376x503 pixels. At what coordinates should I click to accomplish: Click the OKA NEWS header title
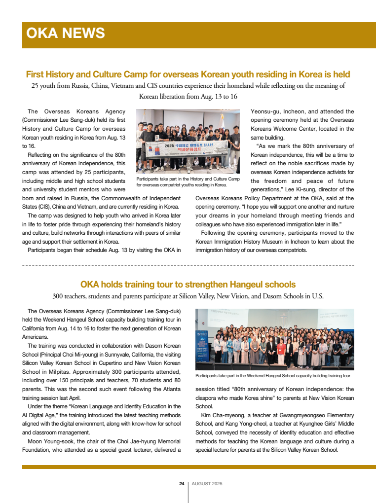(65, 33)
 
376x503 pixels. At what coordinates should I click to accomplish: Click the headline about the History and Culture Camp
(188, 74)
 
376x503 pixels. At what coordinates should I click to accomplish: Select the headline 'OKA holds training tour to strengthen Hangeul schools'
(188, 285)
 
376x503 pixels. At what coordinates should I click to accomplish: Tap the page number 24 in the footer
(182, 484)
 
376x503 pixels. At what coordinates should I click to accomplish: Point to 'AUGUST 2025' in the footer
(207, 484)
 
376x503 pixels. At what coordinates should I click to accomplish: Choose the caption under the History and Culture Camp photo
(188, 181)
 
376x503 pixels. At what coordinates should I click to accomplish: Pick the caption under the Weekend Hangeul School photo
(273, 376)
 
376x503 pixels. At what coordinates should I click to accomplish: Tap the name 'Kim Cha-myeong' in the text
(222, 415)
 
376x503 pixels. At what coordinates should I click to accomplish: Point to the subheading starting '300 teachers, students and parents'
(188, 296)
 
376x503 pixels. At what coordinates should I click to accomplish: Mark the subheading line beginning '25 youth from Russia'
(188, 86)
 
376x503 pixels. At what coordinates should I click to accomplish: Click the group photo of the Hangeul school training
(274, 339)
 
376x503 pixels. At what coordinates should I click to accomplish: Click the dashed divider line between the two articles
(188, 265)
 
